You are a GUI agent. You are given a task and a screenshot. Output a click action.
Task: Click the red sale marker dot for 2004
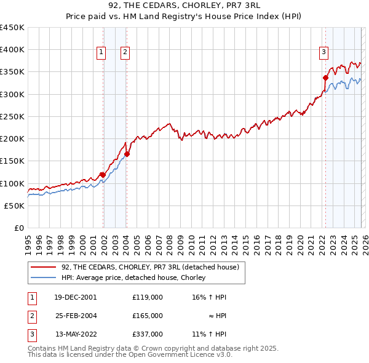tap(127, 154)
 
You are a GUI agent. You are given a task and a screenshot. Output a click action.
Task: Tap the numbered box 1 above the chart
tap(101, 53)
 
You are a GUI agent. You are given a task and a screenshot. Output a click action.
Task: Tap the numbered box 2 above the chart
tap(125, 53)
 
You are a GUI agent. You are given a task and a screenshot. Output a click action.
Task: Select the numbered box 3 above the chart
tap(323, 53)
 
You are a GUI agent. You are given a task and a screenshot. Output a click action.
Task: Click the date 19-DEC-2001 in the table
tap(76, 297)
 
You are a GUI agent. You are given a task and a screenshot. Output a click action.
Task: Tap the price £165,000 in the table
tap(148, 315)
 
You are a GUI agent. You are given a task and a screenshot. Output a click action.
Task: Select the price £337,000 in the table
tap(148, 334)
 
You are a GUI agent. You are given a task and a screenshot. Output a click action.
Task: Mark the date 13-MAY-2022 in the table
tap(76, 334)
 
